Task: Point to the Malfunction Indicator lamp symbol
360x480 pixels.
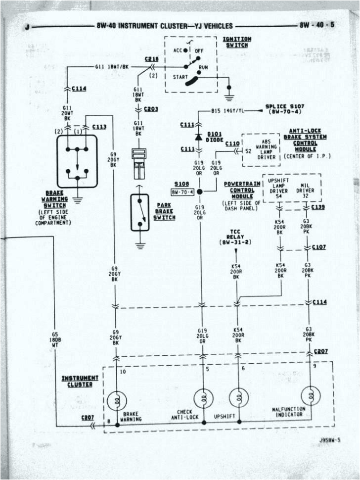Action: (x=311, y=395)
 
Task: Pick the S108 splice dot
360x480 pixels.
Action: (x=200, y=192)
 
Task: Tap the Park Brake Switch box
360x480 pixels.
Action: (x=139, y=212)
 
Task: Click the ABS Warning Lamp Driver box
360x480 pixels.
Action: (x=260, y=150)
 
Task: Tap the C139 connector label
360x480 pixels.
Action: (x=318, y=207)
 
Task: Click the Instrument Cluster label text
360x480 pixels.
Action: (x=80, y=381)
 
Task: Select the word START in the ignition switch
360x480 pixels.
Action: (x=181, y=78)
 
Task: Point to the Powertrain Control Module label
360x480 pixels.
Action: (x=242, y=190)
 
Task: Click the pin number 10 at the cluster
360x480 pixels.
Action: (x=123, y=371)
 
